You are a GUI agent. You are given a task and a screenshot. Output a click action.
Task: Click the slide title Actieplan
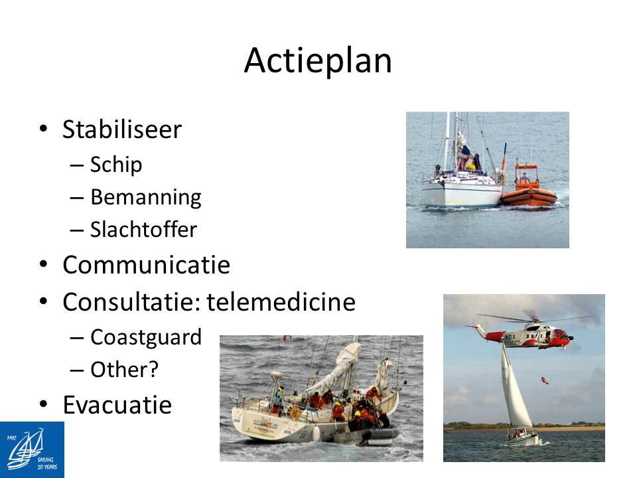pos(318,60)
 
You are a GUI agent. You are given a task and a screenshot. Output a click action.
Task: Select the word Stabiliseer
pos(122,129)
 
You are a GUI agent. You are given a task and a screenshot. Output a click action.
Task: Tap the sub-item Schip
pos(116,165)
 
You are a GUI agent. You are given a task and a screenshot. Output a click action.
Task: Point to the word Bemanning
pos(146,198)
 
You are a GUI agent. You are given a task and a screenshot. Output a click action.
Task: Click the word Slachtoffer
pos(143,230)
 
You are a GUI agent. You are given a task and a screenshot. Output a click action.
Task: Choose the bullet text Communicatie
pos(146,265)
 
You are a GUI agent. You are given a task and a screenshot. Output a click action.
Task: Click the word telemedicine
pos(281,302)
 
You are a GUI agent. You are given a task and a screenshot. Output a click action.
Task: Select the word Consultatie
pos(131,302)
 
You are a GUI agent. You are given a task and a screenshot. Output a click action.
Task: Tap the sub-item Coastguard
pos(146,337)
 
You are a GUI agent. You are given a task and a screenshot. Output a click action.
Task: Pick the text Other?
pos(124,370)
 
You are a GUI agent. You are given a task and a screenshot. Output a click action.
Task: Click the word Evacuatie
pos(117,405)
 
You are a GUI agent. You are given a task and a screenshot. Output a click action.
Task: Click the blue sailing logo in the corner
pos(32,449)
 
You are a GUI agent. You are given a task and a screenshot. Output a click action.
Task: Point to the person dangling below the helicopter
pos(544,380)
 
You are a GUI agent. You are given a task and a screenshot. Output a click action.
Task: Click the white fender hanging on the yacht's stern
pos(316,434)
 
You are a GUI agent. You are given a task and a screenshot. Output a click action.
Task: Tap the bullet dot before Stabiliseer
pos(44,128)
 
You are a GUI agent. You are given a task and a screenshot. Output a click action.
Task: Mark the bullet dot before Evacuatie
pos(44,404)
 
